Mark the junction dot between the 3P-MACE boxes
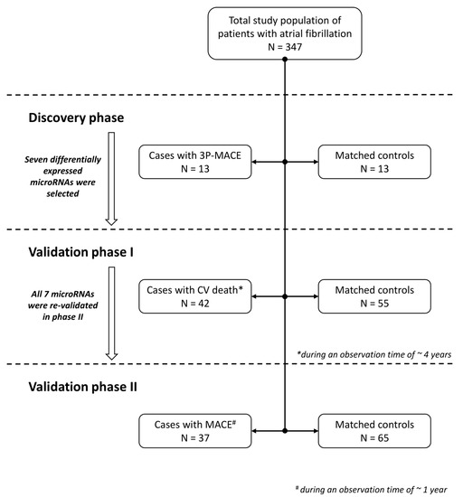click(x=286, y=162)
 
